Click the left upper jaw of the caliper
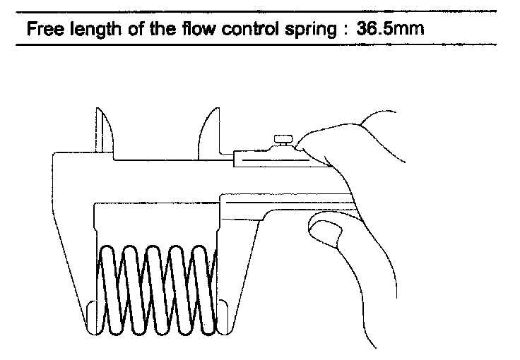pyautogui.click(x=102, y=131)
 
